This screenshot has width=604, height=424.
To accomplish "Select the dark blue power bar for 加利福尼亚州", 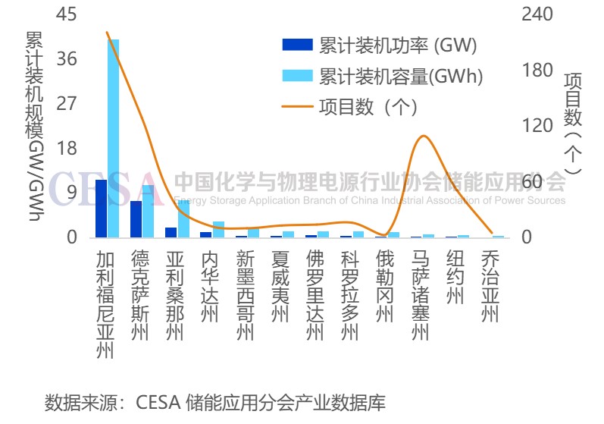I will point(101,209).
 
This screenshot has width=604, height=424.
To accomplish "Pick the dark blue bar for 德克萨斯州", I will point(136,219).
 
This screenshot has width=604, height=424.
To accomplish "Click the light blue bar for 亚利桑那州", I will point(183,218).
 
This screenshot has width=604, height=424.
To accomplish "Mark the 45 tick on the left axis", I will point(67,14).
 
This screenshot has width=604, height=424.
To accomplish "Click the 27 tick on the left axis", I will point(67,103).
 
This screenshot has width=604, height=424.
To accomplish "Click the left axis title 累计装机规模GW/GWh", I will point(35,125).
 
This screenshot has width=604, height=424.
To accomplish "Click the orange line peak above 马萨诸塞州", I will point(423,137).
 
